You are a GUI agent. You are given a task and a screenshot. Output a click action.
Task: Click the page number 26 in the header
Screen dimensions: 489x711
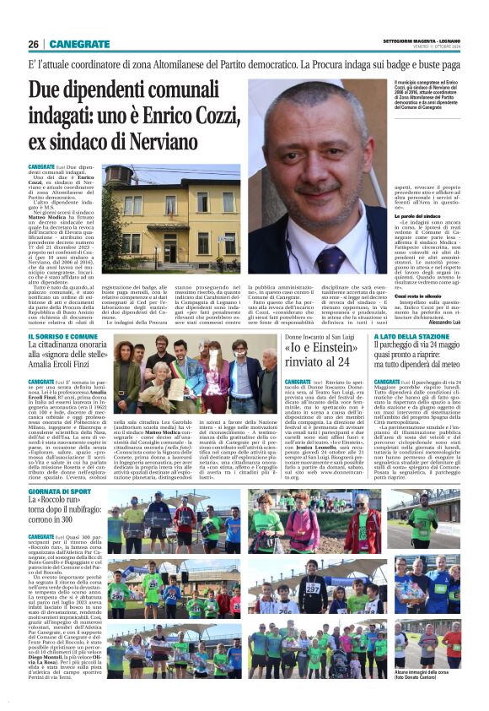[33, 44]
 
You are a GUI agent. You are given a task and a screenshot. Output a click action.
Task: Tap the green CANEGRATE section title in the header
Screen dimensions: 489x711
[79, 44]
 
